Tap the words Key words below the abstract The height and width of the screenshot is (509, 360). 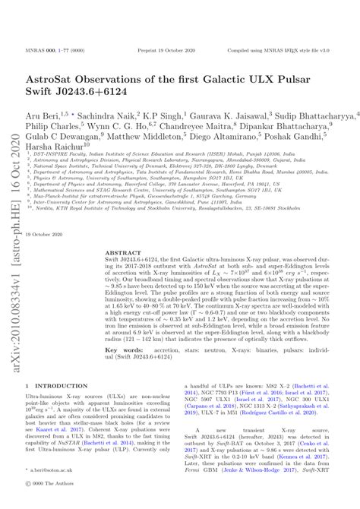point(122,350)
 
